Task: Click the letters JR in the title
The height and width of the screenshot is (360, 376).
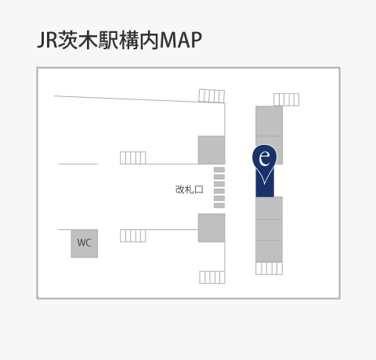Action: tap(47, 40)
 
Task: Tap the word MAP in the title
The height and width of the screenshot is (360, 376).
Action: tap(180, 40)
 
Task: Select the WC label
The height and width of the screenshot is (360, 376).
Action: tap(85, 243)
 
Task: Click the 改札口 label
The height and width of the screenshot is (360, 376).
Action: tap(189, 189)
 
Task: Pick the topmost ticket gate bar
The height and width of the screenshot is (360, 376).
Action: tap(219, 170)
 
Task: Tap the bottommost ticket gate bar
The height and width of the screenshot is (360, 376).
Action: tap(219, 206)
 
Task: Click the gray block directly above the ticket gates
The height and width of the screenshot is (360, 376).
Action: tap(211, 150)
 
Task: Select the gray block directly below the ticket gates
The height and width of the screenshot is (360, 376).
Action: tap(211, 228)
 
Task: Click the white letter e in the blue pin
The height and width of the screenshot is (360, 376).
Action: tap(265, 158)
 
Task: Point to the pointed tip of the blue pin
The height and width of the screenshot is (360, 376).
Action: tap(265, 184)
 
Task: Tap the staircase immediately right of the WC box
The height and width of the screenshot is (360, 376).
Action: tap(133, 236)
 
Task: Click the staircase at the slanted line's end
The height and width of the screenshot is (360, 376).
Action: tap(211, 96)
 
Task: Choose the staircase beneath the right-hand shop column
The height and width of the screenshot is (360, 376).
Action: tap(269, 268)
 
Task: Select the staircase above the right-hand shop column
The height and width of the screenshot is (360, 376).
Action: tap(286, 99)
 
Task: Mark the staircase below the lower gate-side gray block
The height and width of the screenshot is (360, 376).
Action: tap(212, 277)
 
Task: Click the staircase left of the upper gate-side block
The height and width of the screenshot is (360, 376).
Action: tap(133, 158)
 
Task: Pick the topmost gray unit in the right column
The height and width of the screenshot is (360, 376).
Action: tap(269, 121)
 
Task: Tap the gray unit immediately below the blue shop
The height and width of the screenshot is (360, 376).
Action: tap(269, 208)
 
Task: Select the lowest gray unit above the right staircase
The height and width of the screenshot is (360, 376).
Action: tap(269, 251)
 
